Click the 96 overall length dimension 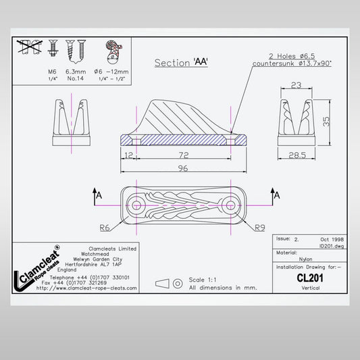(x=183, y=169)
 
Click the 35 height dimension (x=326, y=122)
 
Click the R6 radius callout (x=105, y=228)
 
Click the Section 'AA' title (x=180, y=63)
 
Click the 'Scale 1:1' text (x=205, y=280)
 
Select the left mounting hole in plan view (x=136, y=204)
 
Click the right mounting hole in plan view (x=230, y=204)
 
